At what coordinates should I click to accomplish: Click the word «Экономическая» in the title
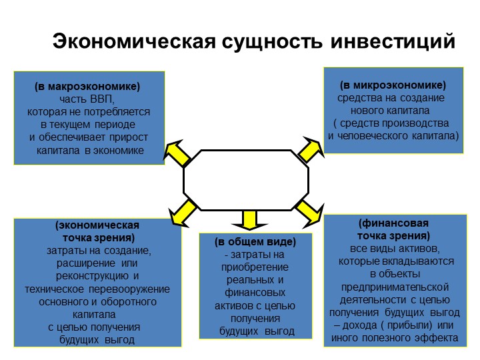coord(135,41)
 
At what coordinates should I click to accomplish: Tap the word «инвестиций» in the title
coord(393,41)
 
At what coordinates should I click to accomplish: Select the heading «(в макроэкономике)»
coord(87,87)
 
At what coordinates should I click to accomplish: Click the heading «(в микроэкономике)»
coord(393,85)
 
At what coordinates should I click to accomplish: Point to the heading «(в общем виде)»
coord(255,242)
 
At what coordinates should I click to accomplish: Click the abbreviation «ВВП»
coord(102,99)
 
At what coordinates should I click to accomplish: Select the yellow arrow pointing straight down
coord(249,220)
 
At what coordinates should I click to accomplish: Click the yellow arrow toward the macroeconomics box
coord(177,153)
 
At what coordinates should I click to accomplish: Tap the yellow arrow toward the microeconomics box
coord(311,149)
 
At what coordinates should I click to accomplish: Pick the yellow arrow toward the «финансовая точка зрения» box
coord(310,214)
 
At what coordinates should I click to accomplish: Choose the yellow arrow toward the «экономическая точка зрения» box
coord(183,213)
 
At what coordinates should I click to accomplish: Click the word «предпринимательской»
coord(395,287)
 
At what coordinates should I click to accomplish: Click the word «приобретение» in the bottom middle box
coord(255,267)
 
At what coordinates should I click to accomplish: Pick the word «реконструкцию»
coord(92,276)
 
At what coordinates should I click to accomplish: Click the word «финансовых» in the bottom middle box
coord(255,293)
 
